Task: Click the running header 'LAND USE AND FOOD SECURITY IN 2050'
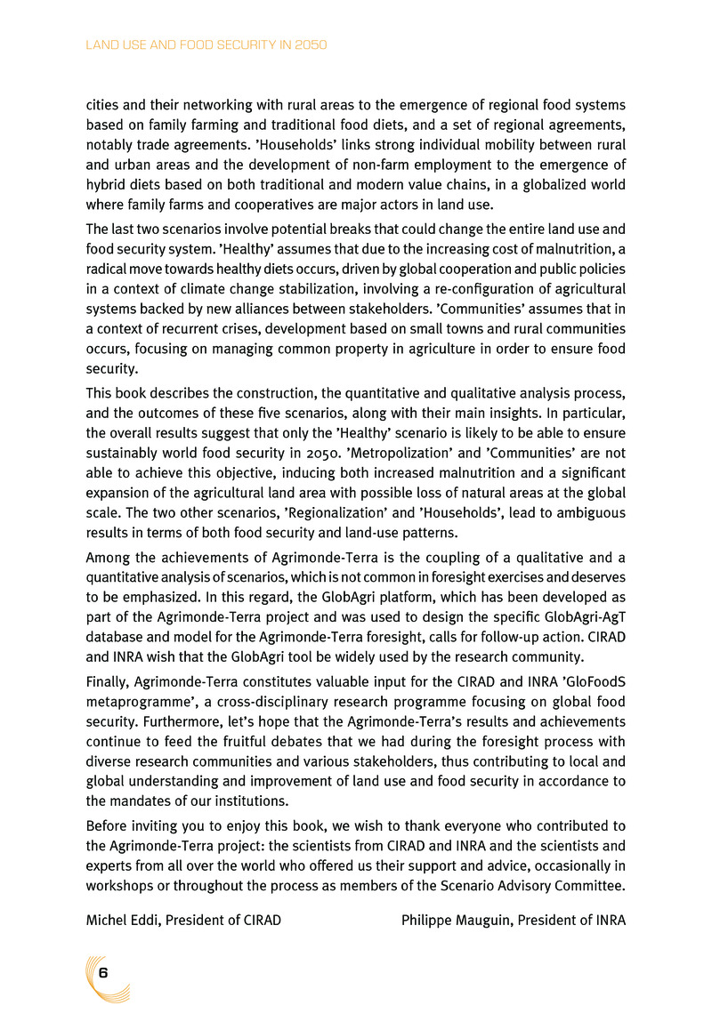point(207,44)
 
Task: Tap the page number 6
point(104,972)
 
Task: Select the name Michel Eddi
point(117,920)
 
